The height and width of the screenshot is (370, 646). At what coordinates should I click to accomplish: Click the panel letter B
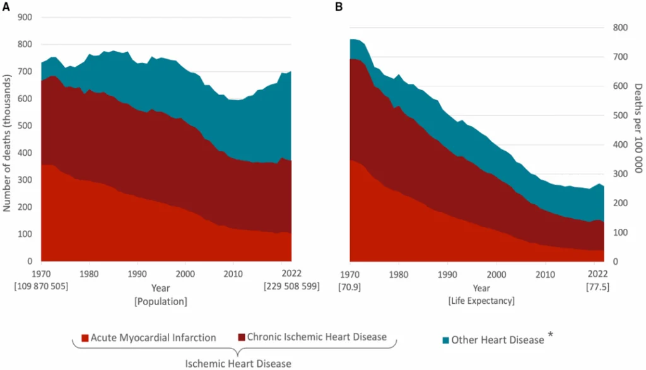[339, 6]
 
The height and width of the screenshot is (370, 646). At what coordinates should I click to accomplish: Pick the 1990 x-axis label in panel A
[137, 274]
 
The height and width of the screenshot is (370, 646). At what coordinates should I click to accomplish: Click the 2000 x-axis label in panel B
[496, 275]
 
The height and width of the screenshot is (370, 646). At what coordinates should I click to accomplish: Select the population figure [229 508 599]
[291, 286]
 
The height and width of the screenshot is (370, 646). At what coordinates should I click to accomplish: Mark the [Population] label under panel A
[160, 301]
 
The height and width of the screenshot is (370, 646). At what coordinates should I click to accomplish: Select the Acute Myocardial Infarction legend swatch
[85, 338]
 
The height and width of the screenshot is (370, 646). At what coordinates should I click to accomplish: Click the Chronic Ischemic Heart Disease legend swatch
[242, 338]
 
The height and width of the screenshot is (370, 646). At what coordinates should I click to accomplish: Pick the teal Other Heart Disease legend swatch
[445, 340]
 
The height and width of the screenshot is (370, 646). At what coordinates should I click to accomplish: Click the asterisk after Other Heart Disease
[550, 335]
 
